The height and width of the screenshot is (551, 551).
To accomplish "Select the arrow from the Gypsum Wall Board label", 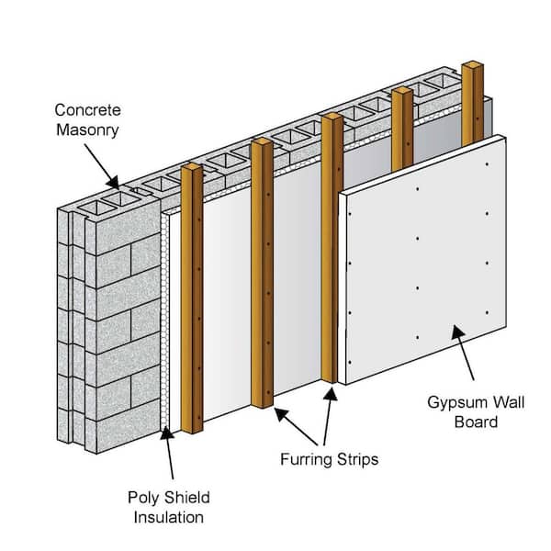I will pos(463,358).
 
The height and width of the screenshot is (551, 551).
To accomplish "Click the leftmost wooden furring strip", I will pos(192,303).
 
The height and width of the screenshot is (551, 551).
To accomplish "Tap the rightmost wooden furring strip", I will pos(472,101).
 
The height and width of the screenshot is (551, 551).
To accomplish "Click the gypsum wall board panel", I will pos(422,266).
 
